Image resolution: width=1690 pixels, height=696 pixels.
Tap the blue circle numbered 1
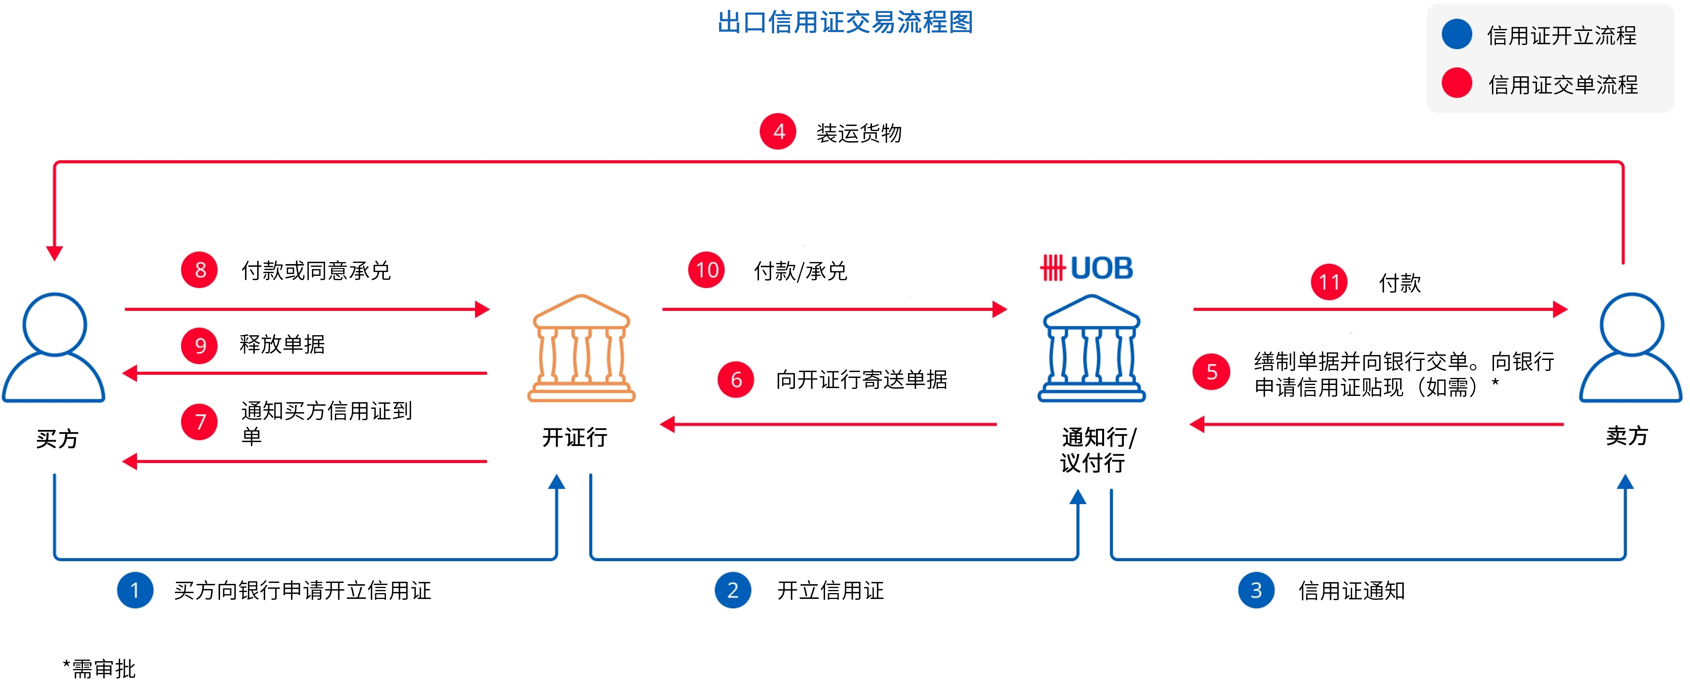click(135, 590)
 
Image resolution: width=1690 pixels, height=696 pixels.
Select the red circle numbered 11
click(1329, 282)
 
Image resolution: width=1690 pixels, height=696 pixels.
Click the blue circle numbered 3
click(1256, 590)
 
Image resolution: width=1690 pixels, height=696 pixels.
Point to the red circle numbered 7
click(200, 422)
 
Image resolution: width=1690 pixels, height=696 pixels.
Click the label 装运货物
click(859, 133)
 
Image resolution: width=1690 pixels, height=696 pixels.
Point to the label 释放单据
click(282, 344)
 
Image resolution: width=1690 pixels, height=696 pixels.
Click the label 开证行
click(575, 437)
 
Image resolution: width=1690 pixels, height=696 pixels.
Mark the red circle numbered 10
click(706, 270)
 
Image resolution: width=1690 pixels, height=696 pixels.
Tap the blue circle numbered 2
click(733, 590)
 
